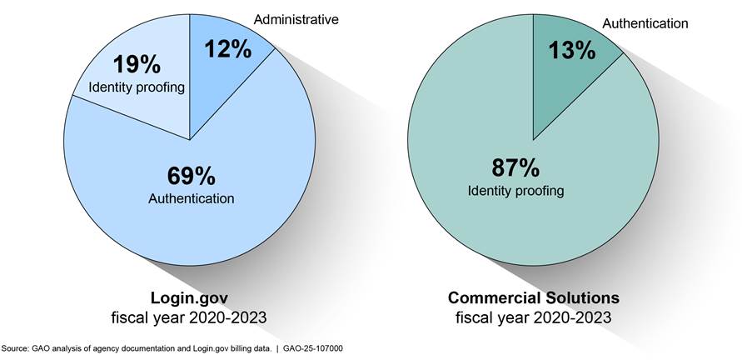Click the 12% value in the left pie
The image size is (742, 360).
[x=227, y=50]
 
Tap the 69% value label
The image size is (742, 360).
[x=191, y=177]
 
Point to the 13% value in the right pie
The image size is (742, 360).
[x=571, y=50]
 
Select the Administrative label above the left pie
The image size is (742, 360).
[x=297, y=19]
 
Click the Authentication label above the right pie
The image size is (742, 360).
[x=645, y=23]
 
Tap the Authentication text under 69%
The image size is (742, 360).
[x=191, y=198]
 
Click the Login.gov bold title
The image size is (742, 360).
[x=191, y=297]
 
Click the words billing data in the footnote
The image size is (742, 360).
[x=252, y=347]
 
